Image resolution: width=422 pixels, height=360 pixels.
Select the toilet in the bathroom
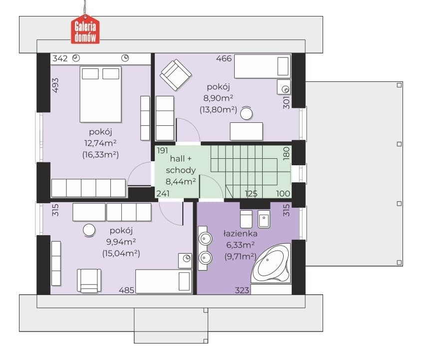click(246, 219)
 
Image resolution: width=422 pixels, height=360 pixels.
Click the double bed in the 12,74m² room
click(100, 94)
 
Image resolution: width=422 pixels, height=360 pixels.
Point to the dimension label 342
click(60, 58)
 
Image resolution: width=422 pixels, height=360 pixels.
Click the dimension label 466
click(224, 58)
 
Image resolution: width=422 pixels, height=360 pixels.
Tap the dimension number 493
click(55, 85)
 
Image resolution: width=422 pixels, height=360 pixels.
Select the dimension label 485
click(126, 290)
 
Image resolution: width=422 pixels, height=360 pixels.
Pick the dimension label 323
click(242, 290)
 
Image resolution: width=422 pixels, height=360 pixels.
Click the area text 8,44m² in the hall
click(181, 182)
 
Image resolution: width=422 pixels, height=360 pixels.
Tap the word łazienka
click(240, 234)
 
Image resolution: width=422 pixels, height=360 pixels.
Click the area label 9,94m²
click(121, 242)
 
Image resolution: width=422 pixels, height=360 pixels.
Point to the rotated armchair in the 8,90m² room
click(176, 75)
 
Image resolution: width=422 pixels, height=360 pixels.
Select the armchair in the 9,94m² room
click(89, 281)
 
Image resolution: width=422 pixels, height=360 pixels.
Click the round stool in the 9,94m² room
click(89, 231)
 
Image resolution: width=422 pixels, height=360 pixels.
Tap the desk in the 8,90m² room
click(246, 131)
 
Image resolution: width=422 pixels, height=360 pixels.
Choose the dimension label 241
click(163, 193)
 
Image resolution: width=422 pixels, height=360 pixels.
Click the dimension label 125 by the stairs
click(251, 193)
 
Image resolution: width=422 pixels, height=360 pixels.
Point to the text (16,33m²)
click(100, 155)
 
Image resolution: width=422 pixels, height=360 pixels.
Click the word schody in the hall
click(181, 170)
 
